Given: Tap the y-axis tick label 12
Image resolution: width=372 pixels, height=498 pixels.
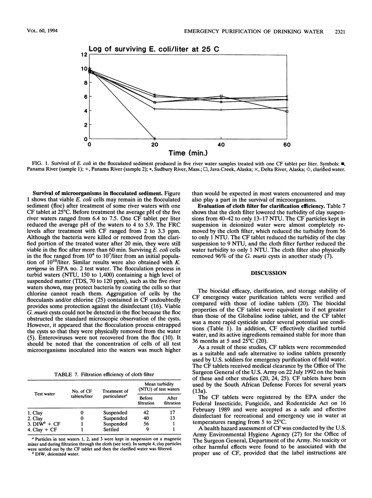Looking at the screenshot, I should coord(83,55).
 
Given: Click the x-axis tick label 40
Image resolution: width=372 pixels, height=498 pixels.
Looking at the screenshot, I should coord(221,144).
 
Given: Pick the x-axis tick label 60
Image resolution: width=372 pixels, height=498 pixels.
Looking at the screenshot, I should coord(286,144).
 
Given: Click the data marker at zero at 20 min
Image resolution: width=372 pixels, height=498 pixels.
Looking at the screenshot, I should coord(155,139).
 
